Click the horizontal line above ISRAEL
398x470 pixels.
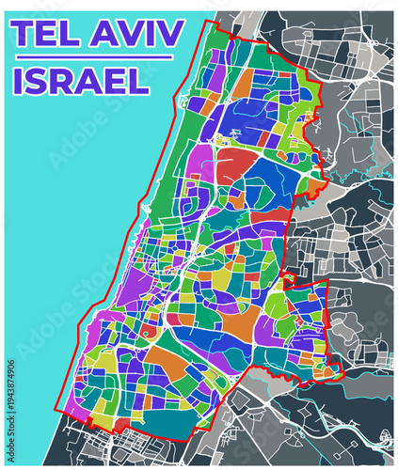90,57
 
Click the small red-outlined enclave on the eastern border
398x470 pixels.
290,279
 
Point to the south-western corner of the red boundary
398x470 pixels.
60,411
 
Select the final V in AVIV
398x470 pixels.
171,35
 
